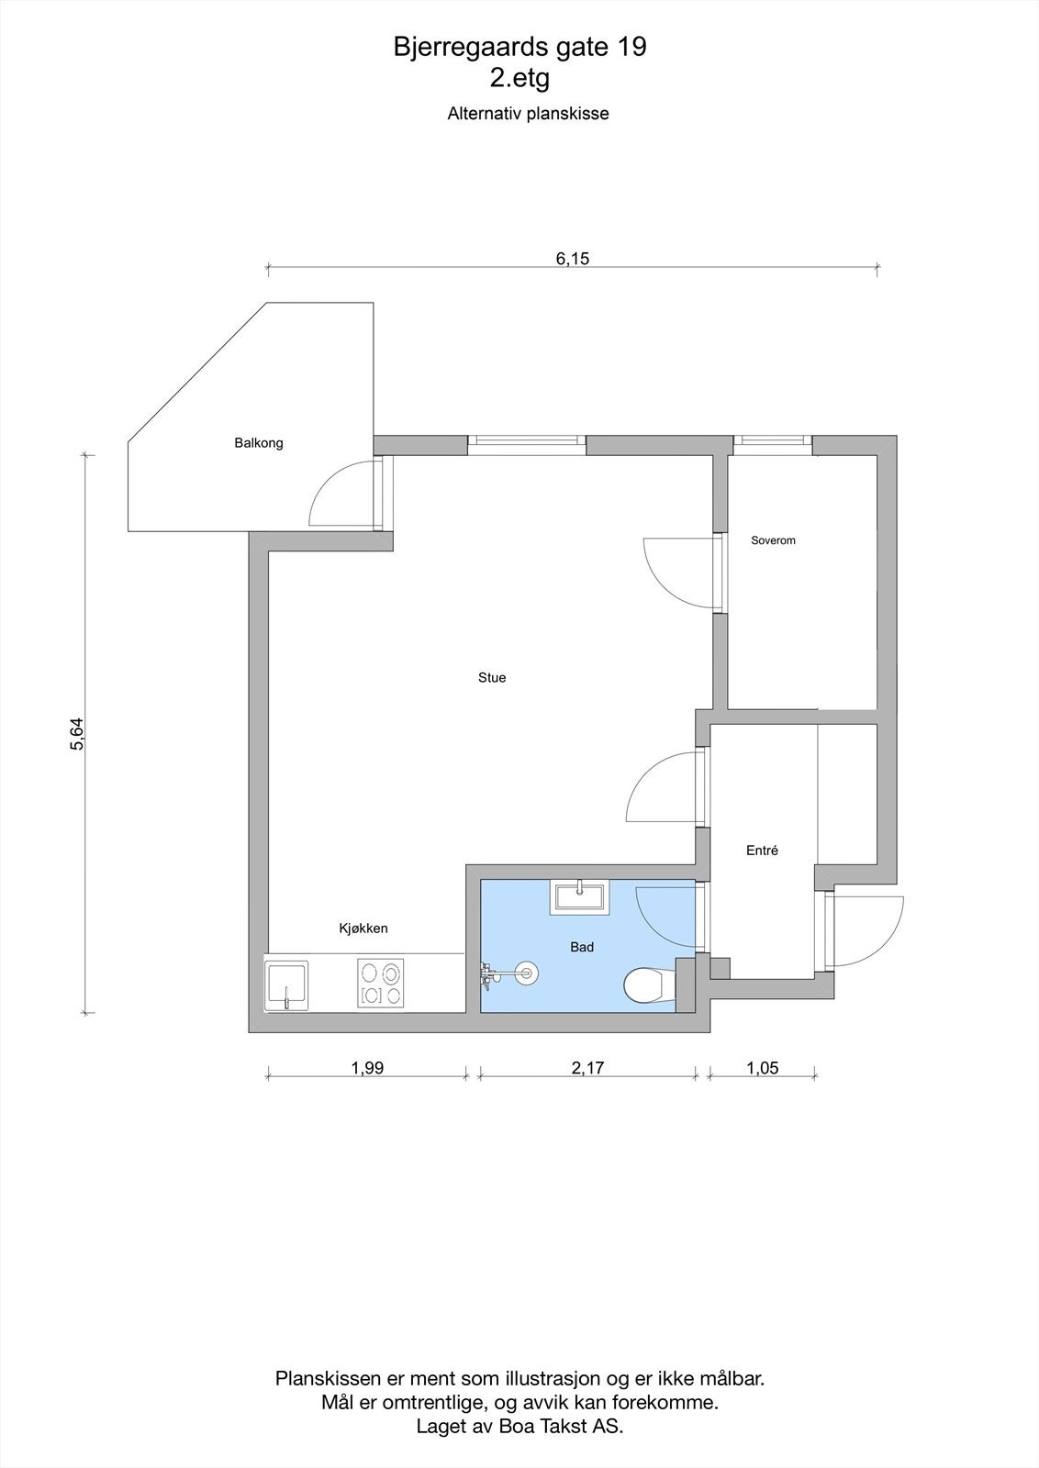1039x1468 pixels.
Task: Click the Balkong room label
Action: point(258,443)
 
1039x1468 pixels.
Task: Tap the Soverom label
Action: point(773,540)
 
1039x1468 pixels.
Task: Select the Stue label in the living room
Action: point(492,678)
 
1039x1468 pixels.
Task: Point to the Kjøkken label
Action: point(363,929)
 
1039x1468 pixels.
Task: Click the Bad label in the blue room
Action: point(582,947)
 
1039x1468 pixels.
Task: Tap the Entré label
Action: point(762,851)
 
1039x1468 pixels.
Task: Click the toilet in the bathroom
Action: point(644,986)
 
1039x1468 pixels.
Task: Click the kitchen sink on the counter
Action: point(287,984)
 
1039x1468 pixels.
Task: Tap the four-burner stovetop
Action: point(381,984)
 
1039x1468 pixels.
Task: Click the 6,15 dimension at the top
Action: point(572,259)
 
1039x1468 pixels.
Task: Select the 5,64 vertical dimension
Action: point(77,734)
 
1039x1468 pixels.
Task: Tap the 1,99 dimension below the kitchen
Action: point(367,1068)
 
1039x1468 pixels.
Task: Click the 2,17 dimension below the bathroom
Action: point(587,1068)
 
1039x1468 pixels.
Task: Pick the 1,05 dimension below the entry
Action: point(763,1068)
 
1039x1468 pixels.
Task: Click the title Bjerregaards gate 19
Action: point(519,48)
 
